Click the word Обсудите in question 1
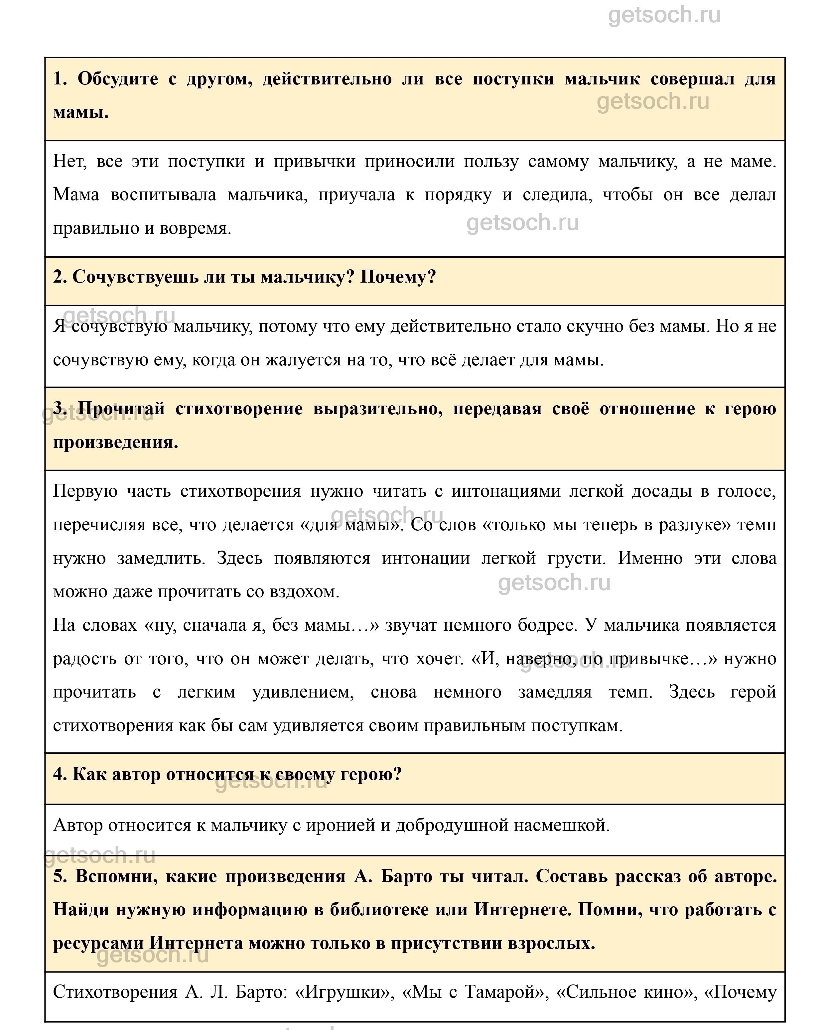point(117,79)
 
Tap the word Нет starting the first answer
point(69,162)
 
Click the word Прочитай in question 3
point(121,409)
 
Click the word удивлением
point(303,692)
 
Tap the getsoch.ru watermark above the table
point(664,15)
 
